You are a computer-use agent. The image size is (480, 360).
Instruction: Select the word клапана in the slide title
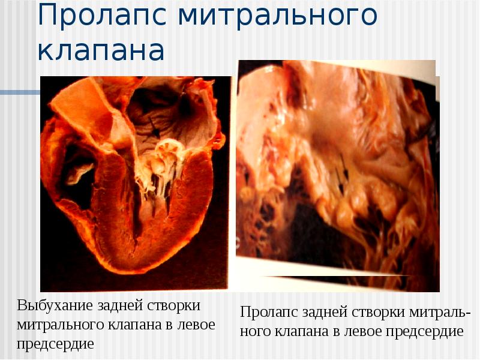101,51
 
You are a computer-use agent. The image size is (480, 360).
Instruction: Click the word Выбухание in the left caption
53,305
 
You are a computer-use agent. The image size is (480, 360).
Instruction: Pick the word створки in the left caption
173,305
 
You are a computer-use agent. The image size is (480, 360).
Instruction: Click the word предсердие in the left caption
55,344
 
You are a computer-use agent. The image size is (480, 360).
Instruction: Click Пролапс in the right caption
269,313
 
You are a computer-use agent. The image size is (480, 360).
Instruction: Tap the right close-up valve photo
336,174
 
